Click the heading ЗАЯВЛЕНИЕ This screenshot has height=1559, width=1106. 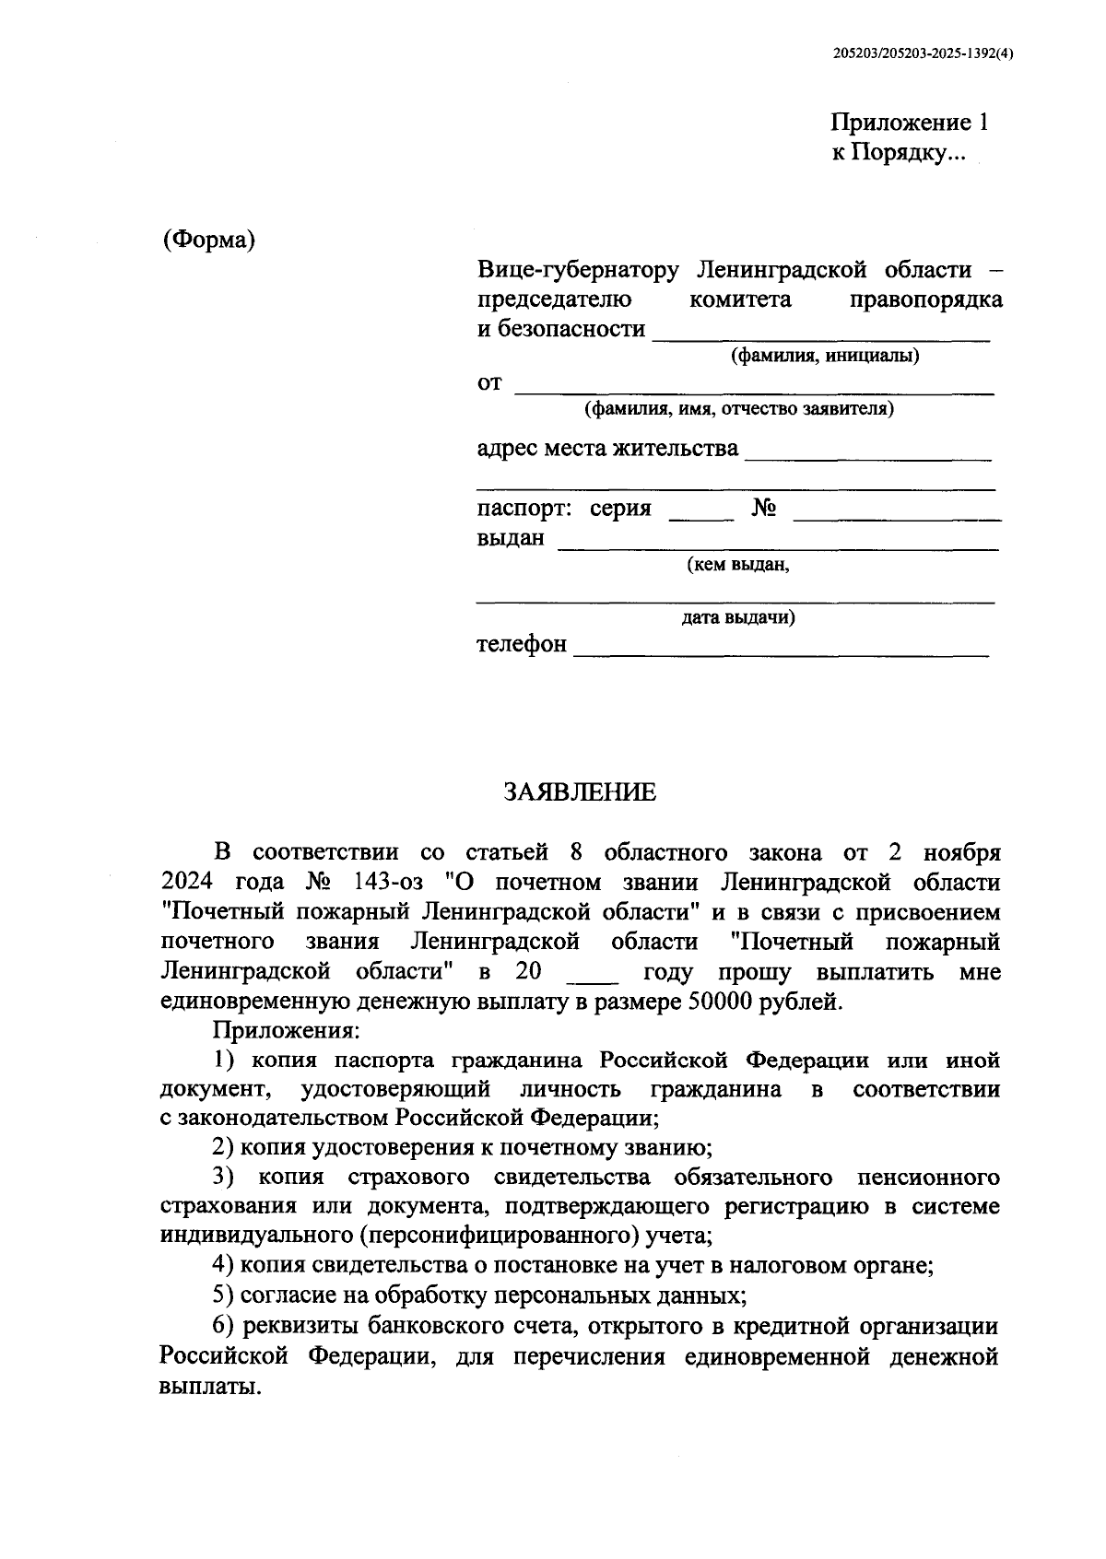pos(580,792)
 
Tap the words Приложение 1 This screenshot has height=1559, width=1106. pos(909,123)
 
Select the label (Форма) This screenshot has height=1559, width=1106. pos(208,240)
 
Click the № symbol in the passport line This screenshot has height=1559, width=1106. pos(763,509)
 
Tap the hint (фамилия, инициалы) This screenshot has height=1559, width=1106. pos(825,356)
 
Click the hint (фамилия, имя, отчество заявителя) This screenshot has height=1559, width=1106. pos(738,408)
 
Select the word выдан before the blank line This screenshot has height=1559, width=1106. pos(510,537)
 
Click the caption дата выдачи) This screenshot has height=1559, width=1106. pos(738,617)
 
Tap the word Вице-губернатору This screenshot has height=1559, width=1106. pos(577,270)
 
